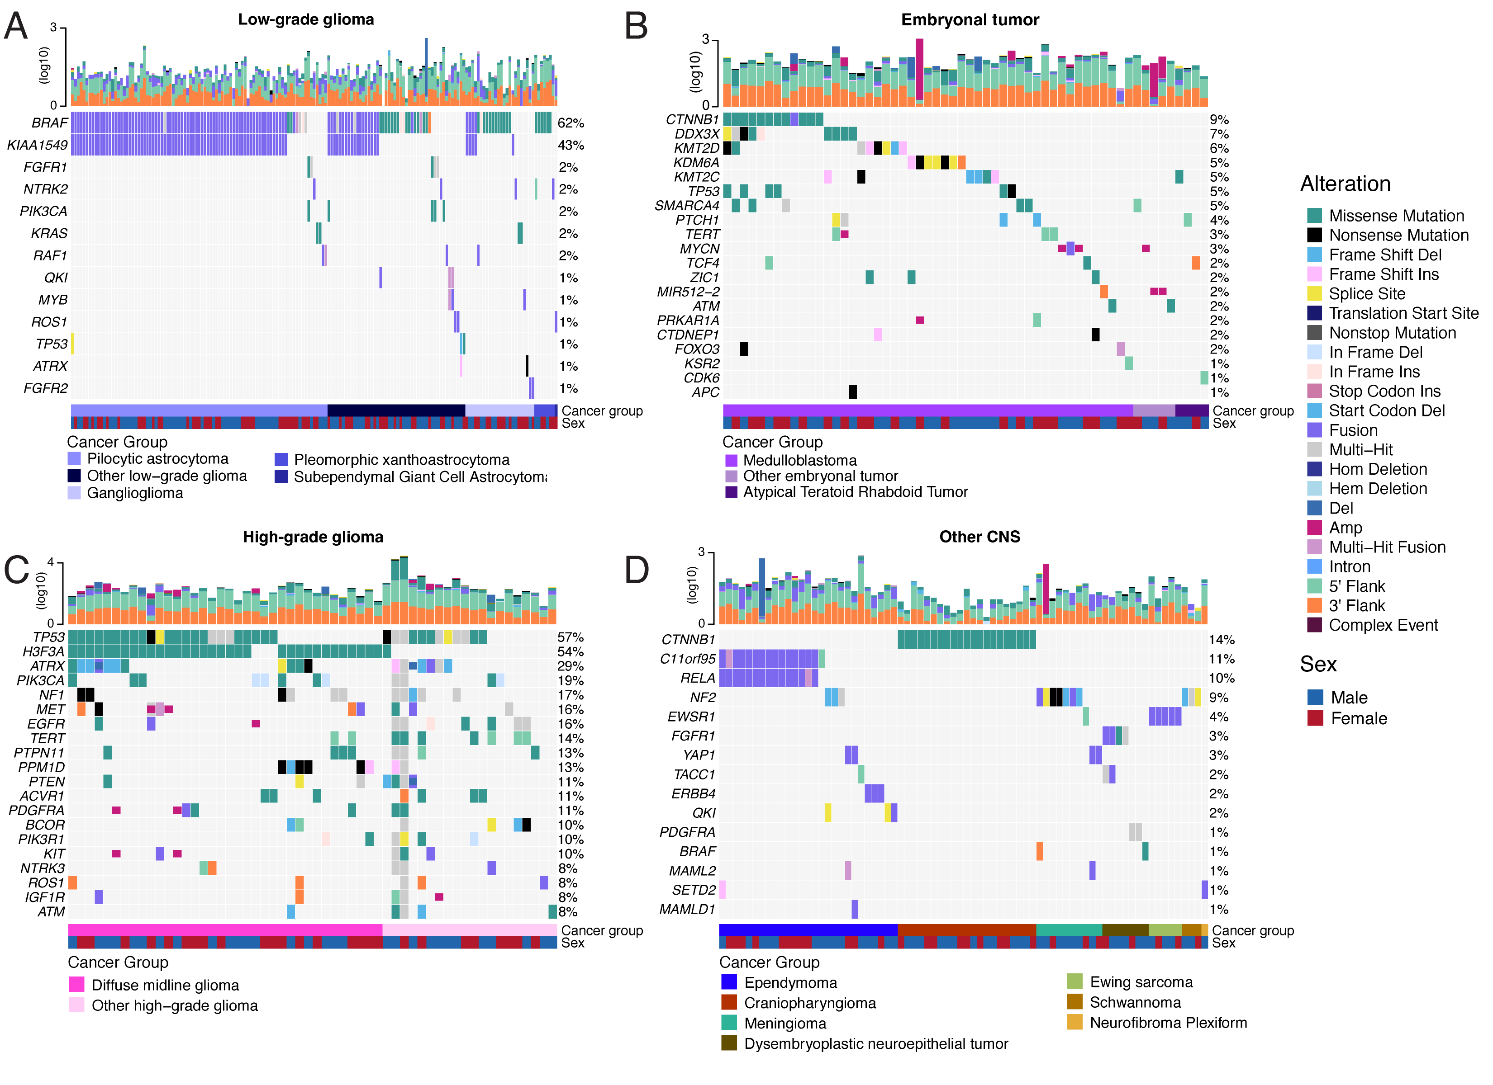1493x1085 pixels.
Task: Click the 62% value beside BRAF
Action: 571,123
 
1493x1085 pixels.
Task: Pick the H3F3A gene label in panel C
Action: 43,652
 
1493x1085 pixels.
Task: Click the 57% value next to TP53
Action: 570,637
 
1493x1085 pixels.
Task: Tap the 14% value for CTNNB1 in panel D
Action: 1221,640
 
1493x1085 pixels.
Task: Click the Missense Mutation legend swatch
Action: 1315,216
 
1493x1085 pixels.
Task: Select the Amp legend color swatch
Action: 1315,528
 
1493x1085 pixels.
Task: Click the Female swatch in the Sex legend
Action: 1315,718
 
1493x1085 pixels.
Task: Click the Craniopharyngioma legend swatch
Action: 729,1003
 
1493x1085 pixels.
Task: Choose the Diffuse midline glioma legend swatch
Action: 76,985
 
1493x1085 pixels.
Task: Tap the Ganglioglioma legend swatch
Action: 74,493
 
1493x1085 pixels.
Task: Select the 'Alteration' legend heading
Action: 1345,184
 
